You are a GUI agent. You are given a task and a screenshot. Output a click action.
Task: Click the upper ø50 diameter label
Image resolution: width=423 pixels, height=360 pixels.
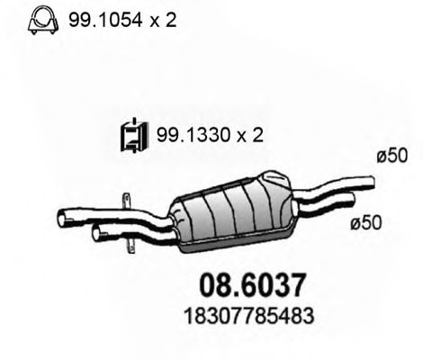pyautogui.click(x=386, y=157)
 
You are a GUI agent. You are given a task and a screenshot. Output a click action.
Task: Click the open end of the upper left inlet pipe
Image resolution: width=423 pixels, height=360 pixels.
pyautogui.click(x=61, y=216)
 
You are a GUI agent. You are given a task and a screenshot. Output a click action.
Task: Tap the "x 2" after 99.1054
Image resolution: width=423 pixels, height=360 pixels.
pyautogui.click(x=160, y=19)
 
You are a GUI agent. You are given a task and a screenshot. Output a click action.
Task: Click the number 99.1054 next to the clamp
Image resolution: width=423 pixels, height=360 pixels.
pyautogui.click(x=99, y=19)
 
